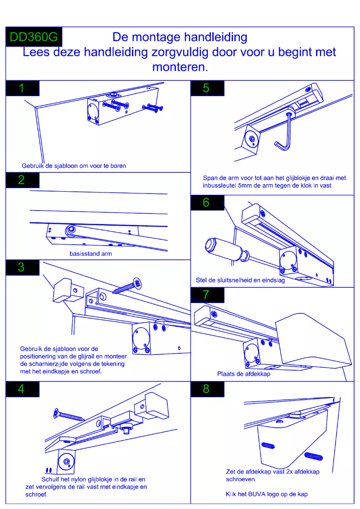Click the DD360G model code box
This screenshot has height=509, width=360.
tap(34, 37)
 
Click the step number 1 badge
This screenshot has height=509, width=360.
tap(22, 88)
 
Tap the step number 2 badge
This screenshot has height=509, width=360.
tap(22, 180)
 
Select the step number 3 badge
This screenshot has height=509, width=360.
tap(22, 268)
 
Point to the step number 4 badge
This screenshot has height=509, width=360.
tap(22, 389)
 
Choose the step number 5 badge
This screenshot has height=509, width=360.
tap(207, 88)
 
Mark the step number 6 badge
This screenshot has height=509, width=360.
tap(207, 203)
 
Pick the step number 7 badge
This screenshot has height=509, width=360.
tap(207, 295)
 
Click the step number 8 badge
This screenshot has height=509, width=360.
tap(207, 389)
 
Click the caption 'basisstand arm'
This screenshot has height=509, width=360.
tap(91, 254)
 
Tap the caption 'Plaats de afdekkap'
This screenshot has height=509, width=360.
tap(244, 374)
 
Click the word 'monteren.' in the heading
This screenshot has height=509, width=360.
tap(180, 67)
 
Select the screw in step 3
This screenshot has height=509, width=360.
tap(127, 286)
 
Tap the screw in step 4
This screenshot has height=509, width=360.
tap(68, 414)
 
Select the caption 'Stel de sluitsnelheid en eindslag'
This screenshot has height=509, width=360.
tap(240, 280)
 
